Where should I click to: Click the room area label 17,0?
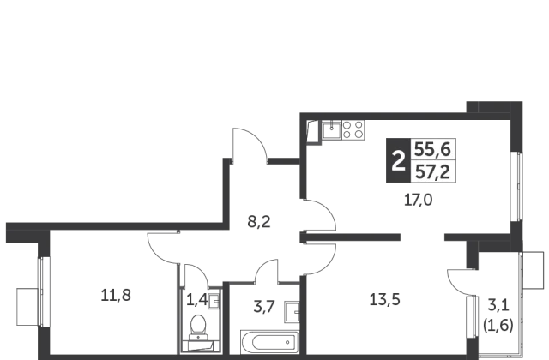coord(418,201)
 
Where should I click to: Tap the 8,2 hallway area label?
coord(259,222)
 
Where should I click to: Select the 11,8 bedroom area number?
coord(116,295)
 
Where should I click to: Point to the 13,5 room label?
coord(385,300)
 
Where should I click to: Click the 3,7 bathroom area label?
coord(263,307)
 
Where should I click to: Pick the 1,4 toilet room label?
coord(196,300)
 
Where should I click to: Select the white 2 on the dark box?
coord(398,161)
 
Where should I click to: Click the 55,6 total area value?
coord(432,150)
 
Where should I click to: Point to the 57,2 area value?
coord(432,172)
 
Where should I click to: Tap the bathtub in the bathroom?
coord(269,342)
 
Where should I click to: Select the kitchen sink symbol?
coord(332,129)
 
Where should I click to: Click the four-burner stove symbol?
coord(353,129)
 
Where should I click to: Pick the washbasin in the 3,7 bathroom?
coord(292,312)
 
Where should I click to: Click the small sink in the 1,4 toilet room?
coord(214,301)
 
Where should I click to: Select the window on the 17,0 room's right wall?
coord(516,187)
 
